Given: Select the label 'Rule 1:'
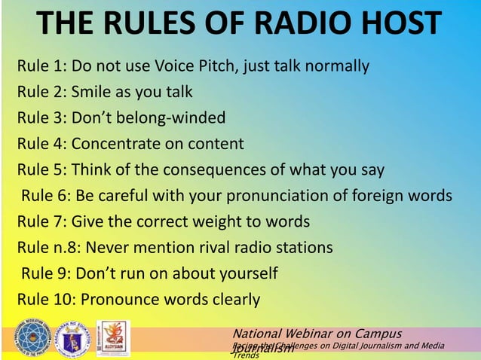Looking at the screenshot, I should tap(41, 66).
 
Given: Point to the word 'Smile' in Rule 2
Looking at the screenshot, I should tap(92, 92).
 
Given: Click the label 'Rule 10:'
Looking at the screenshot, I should tap(46, 300).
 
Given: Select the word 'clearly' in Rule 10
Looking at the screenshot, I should tap(232, 300).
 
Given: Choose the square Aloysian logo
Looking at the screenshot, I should tap(113, 337).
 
